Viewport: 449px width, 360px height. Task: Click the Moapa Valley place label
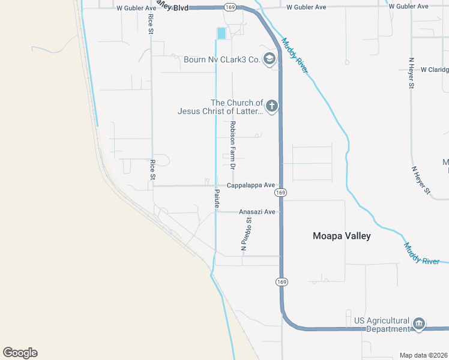pyautogui.click(x=342, y=236)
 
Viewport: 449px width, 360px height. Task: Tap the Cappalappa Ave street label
pyautogui.click(x=250, y=185)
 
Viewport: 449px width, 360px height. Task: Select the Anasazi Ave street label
pyautogui.click(x=257, y=212)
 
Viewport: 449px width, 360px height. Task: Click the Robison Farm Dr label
pyautogui.click(x=232, y=144)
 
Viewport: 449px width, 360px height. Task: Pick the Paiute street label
pyautogui.click(x=216, y=199)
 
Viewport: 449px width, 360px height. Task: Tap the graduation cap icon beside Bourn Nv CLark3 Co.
pyautogui.click(x=270, y=58)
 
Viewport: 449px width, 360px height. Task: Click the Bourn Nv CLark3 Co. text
pyautogui.click(x=221, y=59)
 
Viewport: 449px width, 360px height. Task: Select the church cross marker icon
pyautogui.click(x=271, y=107)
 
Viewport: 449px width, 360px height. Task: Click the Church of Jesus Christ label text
pyautogui.click(x=220, y=107)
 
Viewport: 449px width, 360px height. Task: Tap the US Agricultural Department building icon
pyautogui.click(x=419, y=325)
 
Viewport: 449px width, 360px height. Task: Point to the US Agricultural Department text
pyautogui.click(x=381, y=325)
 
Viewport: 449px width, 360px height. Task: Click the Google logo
pyautogui.click(x=20, y=353)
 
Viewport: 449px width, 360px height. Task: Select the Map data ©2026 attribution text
pyautogui.click(x=423, y=355)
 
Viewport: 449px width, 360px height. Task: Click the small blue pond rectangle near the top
pyautogui.click(x=221, y=34)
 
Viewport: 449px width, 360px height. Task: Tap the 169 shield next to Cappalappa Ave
pyautogui.click(x=280, y=193)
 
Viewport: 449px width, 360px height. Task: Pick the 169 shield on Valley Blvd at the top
pyautogui.click(x=229, y=7)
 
